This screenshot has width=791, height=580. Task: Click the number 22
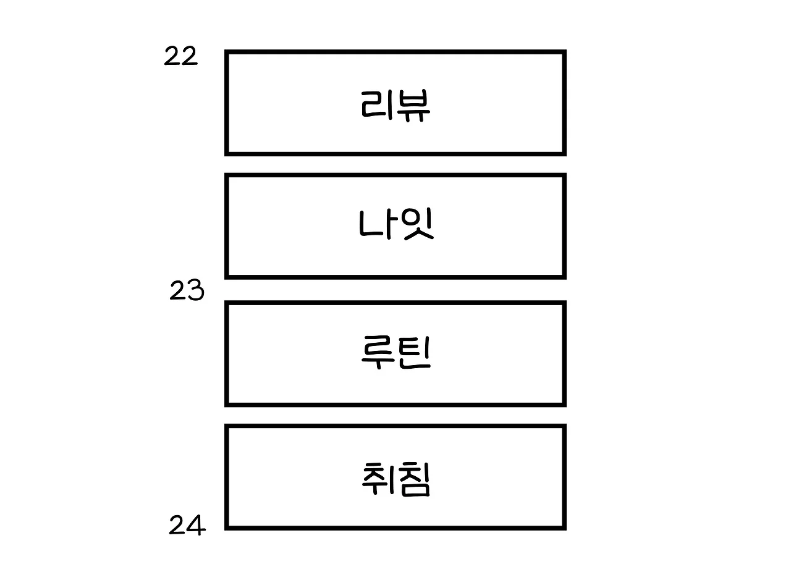point(180,57)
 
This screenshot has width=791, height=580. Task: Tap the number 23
point(187,291)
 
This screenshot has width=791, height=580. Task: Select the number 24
point(187,526)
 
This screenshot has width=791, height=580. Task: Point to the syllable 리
point(376,105)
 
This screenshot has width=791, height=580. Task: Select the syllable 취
point(377,479)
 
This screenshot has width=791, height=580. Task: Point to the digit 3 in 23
point(195,291)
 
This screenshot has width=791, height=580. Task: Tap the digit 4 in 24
point(196,526)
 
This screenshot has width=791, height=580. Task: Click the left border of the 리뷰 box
point(227,103)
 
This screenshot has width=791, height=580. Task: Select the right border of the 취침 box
point(564,477)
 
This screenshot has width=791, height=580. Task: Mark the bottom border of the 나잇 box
point(395,276)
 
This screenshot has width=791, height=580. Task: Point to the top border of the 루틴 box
point(395,303)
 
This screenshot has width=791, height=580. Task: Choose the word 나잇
point(396,225)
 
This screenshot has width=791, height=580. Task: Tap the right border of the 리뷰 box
point(564,103)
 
